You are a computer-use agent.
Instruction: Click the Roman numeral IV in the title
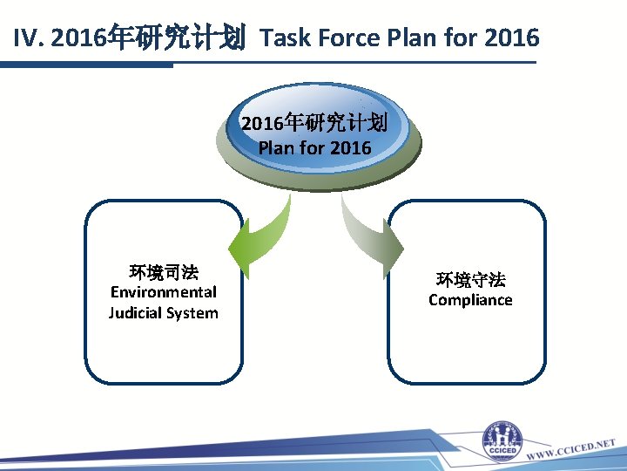29,38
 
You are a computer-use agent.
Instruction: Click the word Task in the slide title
283,38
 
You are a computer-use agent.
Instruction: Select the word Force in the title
347,38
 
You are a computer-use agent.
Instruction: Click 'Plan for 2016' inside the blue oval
314,147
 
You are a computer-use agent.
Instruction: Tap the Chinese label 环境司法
163,271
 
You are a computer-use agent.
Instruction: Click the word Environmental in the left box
163,292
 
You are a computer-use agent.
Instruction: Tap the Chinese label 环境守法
470,279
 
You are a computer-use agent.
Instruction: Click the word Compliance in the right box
470,300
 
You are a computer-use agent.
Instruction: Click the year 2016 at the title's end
511,38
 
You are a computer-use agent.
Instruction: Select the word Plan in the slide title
412,38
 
